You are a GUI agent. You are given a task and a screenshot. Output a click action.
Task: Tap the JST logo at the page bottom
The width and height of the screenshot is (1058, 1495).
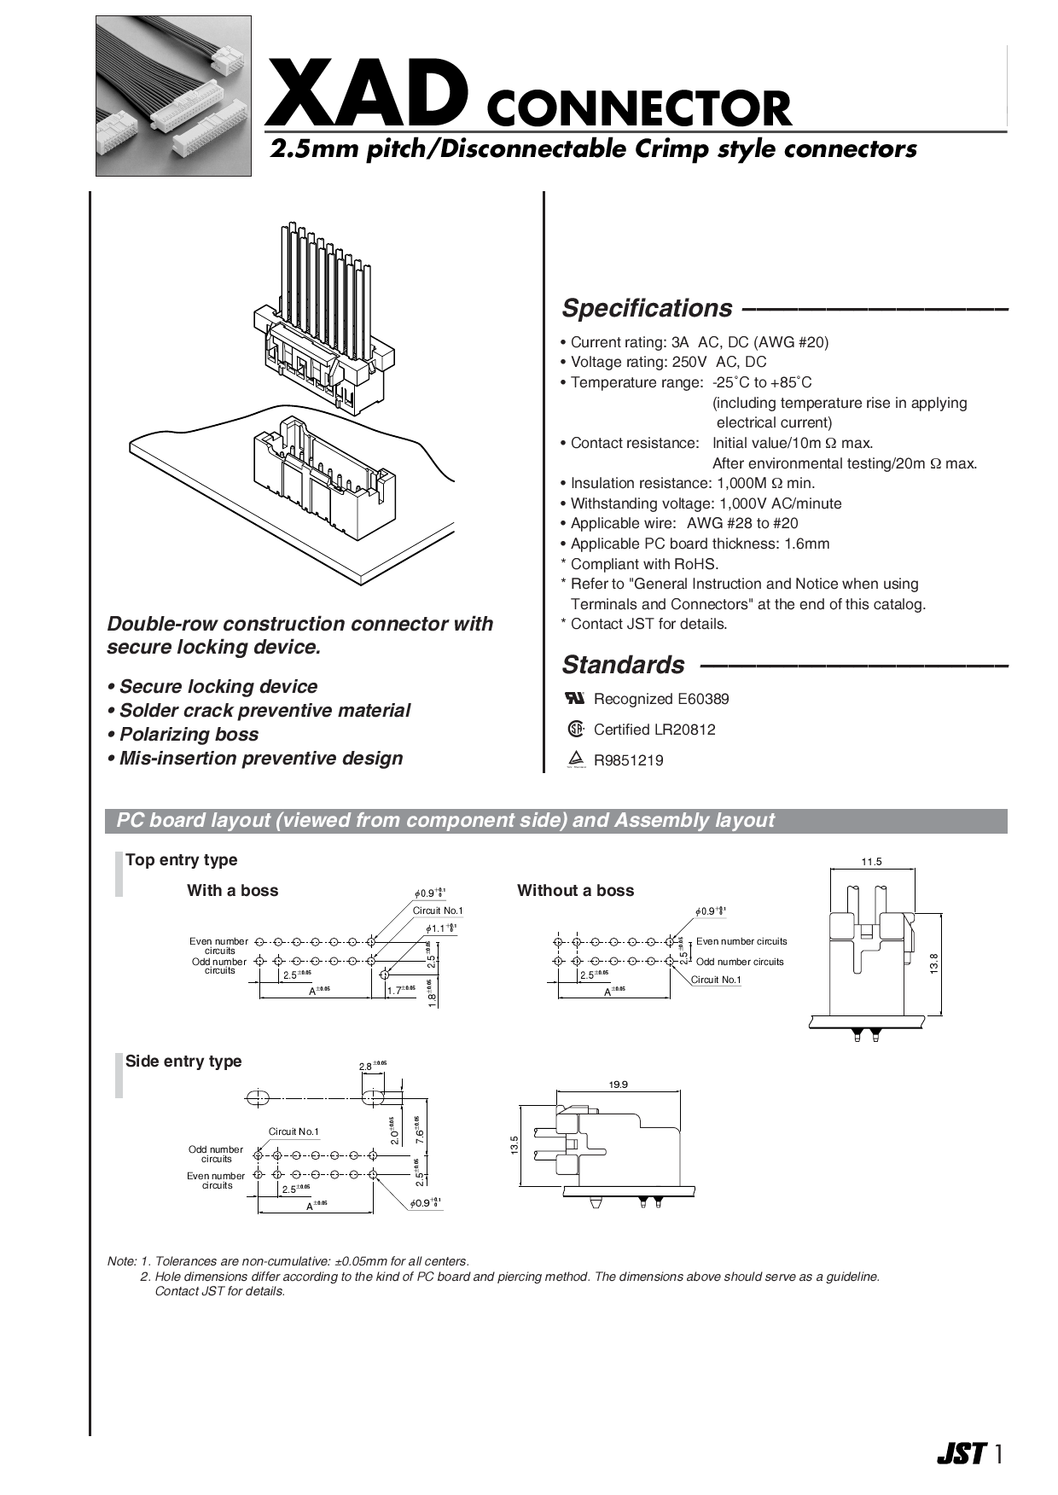pyautogui.click(x=962, y=1453)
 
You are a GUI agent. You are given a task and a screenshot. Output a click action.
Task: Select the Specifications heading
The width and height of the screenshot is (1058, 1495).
pyautogui.click(x=647, y=308)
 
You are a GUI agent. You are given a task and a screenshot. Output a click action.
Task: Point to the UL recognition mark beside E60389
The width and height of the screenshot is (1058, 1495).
pyautogui.click(x=575, y=698)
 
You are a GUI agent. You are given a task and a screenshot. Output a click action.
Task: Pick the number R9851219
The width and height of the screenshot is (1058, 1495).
pyautogui.click(x=628, y=760)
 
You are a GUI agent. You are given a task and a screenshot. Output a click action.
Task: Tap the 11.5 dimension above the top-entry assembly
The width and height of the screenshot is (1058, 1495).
pyautogui.click(x=871, y=862)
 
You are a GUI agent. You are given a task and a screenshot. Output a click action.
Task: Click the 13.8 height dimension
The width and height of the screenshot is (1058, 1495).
pyautogui.click(x=935, y=963)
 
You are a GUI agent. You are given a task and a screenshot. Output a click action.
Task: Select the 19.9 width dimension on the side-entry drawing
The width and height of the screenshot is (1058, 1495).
pyautogui.click(x=618, y=1085)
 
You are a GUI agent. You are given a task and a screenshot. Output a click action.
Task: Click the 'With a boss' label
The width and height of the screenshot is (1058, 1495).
pyautogui.click(x=233, y=891)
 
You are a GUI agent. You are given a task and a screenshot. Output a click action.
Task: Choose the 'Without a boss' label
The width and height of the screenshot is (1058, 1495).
pyautogui.click(x=575, y=891)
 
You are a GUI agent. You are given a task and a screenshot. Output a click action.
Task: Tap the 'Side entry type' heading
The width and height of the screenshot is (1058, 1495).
pyautogui.click(x=183, y=1062)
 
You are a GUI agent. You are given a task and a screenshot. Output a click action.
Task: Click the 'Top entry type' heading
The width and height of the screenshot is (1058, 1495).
pyautogui.click(x=181, y=860)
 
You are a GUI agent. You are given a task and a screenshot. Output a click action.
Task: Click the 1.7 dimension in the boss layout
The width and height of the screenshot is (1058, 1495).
pyautogui.click(x=395, y=991)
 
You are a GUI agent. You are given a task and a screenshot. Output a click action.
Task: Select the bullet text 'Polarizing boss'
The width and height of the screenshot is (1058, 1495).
pyautogui.click(x=189, y=735)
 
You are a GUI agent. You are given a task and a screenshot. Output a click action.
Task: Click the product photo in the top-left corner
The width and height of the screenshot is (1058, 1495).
pyautogui.click(x=173, y=96)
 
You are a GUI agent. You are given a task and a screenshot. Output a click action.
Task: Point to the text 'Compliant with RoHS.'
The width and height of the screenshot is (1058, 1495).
pyautogui.click(x=644, y=564)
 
